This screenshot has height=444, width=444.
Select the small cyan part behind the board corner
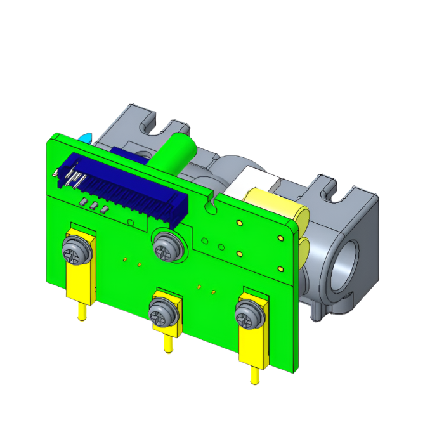[84, 136]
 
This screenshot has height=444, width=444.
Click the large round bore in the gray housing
[343, 263]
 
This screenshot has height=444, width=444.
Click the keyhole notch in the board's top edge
[211, 204]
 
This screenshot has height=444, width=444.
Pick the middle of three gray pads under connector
[93, 206]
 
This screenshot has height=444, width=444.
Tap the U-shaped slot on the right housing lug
[330, 185]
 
